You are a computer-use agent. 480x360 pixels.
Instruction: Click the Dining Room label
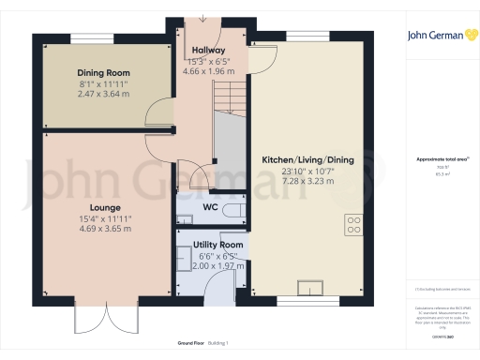104,72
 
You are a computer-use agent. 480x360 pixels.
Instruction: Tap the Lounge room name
105,207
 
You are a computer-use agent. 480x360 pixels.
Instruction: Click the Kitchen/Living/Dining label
307,161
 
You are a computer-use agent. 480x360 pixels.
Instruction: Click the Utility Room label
217,245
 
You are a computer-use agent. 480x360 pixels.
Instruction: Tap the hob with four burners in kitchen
355,224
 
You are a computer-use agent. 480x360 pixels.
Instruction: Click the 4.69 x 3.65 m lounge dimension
105,230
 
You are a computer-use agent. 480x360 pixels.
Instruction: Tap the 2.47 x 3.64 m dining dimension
104,95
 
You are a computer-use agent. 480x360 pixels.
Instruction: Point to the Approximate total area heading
440,159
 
